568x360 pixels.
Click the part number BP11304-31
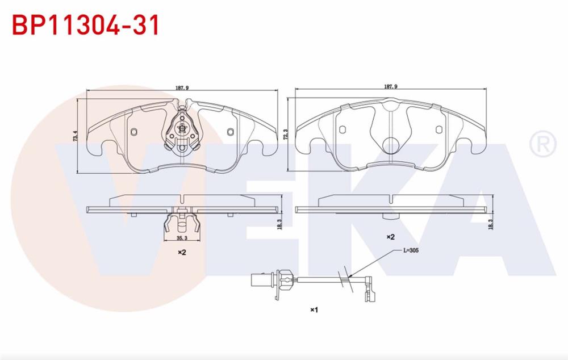pyautogui.click(x=86, y=26)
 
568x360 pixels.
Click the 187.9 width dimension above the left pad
pyautogui.click(x=182, y=87)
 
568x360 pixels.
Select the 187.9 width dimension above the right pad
pyautogui.click(x=391, y=86)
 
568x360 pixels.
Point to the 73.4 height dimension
pyautogui.click(x=76, y=136)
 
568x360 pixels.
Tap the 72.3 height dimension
pyautogui.click(x=286, y=135)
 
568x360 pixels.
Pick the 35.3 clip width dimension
pyautogui.click(x=182, y=238)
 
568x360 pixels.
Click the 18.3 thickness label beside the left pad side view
pyautogui.click(x=279, y=224)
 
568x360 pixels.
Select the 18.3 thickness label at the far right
pyautogui.click(x=491, y=224)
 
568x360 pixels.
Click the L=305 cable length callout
pyautogui.click(x=411, y=250)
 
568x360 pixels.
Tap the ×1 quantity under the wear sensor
pyautogui.click(x=314, y=309)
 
